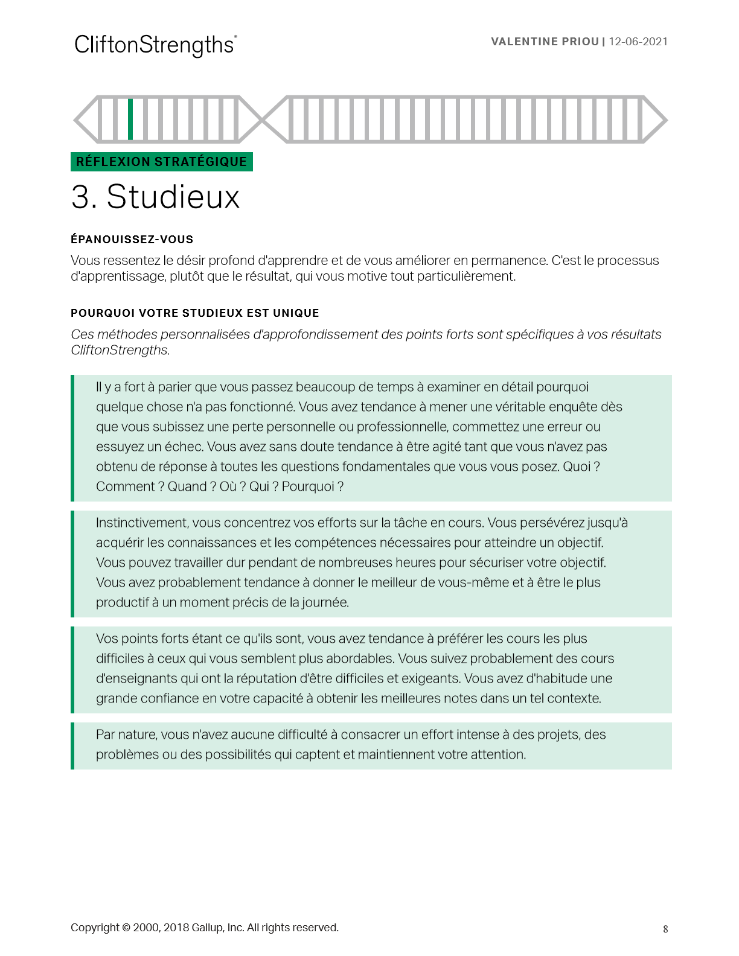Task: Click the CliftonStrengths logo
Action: pyautogui.click(x=155, y=45)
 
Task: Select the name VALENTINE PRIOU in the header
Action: pyautogui.click(x=545, y=42)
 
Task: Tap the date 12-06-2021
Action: pyautogui.click(x=638, y=42)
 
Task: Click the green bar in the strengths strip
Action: pyautogui.click(x=130, y=119)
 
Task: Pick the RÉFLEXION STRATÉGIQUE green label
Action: pyautogui.click(x=161, y=162)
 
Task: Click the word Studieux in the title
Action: pyautogui.click(x=173, y=197)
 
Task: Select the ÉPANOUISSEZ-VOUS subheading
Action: pyautogui.click(x=132, y=240)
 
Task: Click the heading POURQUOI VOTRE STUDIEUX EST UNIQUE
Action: pyautogui.click(x=194, y=313)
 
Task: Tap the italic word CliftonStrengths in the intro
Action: pyautogui.click(x=120, y=350)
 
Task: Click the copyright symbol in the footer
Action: pyautogui.click(x=126, y=928)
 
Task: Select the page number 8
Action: pyautogui.click(x=665, y=929)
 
